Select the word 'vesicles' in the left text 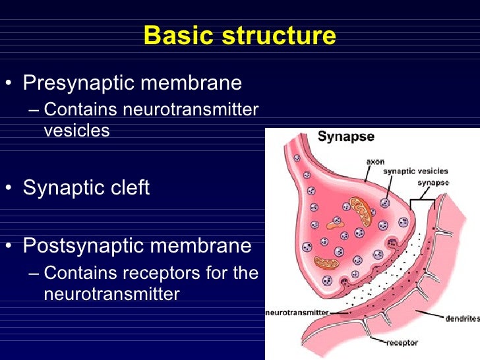coord(76,131)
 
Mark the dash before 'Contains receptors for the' coord(34,273)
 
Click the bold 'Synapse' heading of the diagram coord(346,137)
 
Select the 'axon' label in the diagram coord(375,161)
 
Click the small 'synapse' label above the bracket coord(433,183)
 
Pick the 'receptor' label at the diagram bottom coord(402,343)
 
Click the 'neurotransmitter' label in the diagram coord(297,313)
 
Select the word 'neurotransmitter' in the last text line coord(111,293)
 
